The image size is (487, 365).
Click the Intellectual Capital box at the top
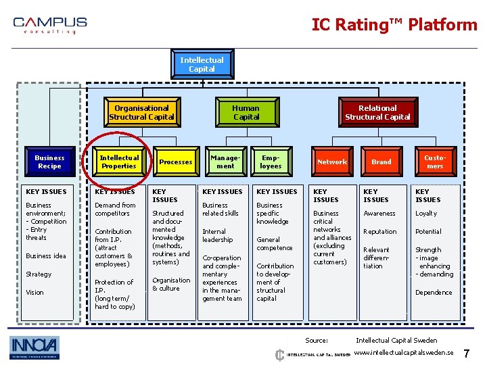pos(202,64)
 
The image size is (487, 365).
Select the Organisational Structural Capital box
pos(141,112)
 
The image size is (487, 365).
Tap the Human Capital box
pos(246,112)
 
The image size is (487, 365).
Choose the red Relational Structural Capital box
pos(377,112)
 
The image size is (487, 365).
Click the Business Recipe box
pos(49,162)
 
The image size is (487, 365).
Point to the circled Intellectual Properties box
pos(119,162)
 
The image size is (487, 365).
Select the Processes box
pos(175,162)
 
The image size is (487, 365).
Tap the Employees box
pos(271,162)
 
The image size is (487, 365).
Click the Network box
pos(332,162)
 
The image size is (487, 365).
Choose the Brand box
pos(381,162)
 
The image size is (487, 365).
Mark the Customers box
pos(434,162)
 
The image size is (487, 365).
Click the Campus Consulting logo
pos(50,26)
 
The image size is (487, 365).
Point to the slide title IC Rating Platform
pos(394,25)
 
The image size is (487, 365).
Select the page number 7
pos(467,354)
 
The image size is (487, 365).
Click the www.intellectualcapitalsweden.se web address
pos(404,353)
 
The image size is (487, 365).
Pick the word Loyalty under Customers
pos(426,214)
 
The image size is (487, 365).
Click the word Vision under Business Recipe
pos(34,293)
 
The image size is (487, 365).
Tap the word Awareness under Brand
pos(379,214)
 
